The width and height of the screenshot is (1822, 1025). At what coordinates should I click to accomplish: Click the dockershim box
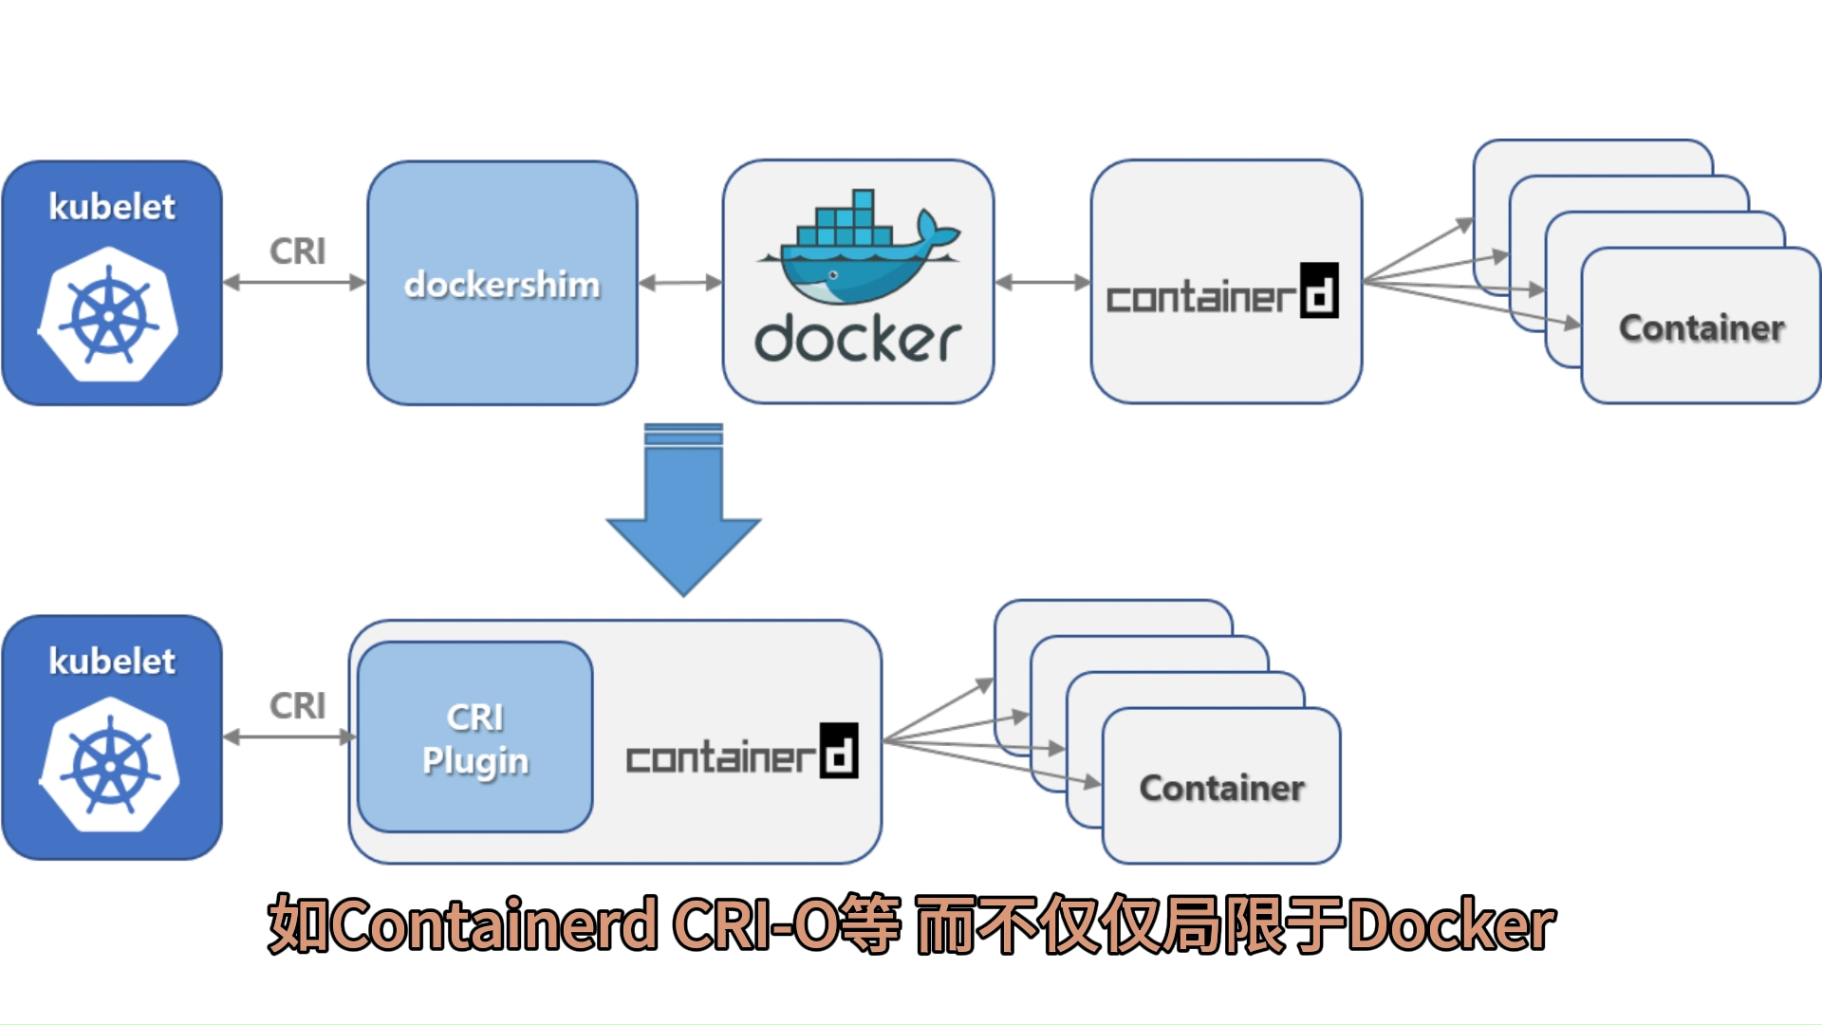coord(502,283)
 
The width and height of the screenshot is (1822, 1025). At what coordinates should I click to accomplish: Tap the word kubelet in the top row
coord(112,207)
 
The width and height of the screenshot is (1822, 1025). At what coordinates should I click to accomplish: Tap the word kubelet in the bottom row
coord(112,662)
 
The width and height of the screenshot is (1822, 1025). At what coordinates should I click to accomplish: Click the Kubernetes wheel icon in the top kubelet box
coord(110,315)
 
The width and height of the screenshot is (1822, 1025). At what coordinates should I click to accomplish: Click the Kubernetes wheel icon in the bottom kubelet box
coord(110,765)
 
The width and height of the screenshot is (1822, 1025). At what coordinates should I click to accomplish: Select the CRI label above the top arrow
coord(297,252)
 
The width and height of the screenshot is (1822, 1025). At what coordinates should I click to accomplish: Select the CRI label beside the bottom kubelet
coord(297,706)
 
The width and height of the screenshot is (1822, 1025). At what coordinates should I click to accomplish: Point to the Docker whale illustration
coord(859,249)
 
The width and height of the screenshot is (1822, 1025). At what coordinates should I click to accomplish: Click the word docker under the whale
coord(857,340)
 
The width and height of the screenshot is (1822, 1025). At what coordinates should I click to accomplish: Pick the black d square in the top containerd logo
coord(1319,290)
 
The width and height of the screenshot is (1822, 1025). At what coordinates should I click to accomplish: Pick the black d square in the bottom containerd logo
coord(839,751)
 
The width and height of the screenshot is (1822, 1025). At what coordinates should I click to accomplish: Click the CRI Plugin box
coord(474,737)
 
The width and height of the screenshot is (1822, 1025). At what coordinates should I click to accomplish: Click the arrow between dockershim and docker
coord(680,283)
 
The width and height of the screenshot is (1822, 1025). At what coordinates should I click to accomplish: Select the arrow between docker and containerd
coord(1042,283)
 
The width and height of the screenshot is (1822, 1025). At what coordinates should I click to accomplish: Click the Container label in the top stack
coord(1701,328)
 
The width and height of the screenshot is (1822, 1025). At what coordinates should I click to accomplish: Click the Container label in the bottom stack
coord(1221,789)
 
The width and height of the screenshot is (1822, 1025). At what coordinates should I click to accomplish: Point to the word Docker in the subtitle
coord(1452,924)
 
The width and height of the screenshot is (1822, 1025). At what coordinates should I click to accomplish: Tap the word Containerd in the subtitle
coord(493,924)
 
